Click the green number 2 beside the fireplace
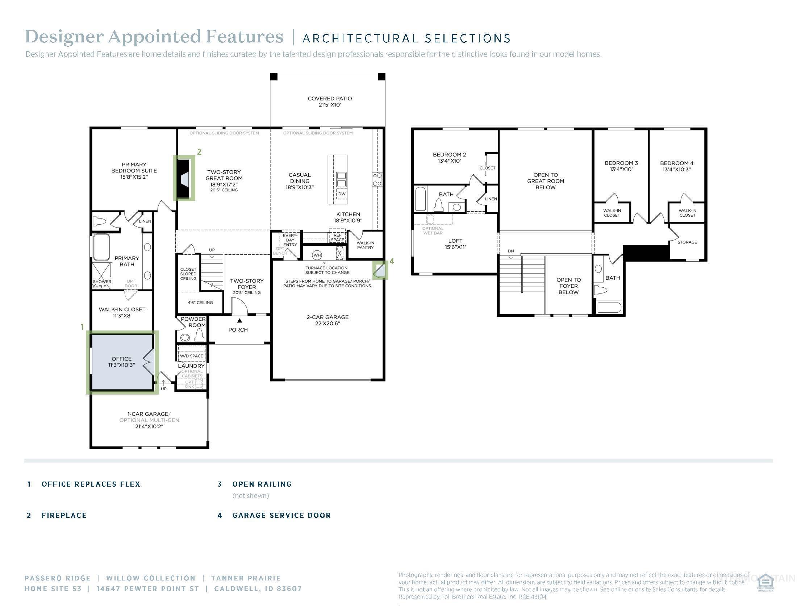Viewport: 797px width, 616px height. tap(199, 152)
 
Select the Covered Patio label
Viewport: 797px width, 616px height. tap(330, 101)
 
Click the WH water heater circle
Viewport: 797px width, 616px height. tap(317, 255)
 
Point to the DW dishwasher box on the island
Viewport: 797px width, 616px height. tap(342, 194)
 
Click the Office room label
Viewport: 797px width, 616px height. tap(121, 362)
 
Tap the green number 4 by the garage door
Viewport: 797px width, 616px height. tap(392, 261)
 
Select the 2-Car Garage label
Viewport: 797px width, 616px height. tap(327, 320)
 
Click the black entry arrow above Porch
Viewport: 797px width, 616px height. tap(239, 321)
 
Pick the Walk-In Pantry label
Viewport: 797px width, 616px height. tap(365, 245)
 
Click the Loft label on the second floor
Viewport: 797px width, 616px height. tap(455, 244)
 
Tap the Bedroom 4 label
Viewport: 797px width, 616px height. tap(677, 166)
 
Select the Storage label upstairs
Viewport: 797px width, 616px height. tap(687, 242)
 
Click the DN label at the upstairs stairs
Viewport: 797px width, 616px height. tap(510, 251)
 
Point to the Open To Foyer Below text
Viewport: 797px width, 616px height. tap(568, 286)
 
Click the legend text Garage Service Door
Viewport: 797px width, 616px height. tap(281, 515)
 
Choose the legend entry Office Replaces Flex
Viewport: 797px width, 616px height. tap(91, 484)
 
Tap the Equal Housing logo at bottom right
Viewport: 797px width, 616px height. tap(765, 583)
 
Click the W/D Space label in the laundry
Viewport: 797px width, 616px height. tap(191, 356)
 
